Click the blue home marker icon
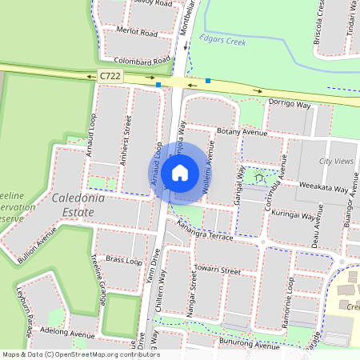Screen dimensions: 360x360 [x=180, y=172]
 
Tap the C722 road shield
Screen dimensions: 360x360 [x=110, y=75]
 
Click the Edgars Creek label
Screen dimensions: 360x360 [x=225, y=38]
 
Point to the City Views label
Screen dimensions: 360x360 [x=336, y=162]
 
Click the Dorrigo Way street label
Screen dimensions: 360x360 [x=289, y=103]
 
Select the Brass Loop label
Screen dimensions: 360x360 [x=123, y=262]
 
